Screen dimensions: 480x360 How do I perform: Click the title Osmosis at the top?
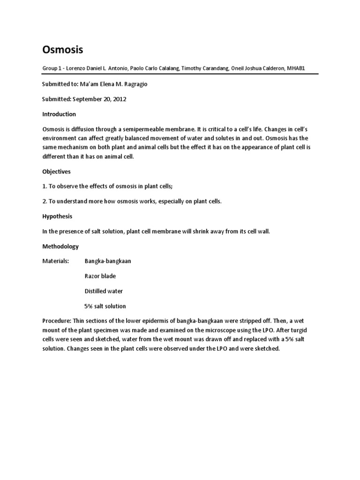(x=63, y=50)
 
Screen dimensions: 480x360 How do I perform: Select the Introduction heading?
(x=59, y=114)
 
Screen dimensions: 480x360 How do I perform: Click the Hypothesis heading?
(x=58, y=217)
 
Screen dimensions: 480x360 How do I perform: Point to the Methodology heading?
(x=60, y=246)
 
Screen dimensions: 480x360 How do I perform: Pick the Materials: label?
(x=56, y=261)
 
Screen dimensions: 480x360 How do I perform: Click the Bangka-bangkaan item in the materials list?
(x=108, y=261)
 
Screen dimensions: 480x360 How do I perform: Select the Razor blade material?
(x=100, y=276)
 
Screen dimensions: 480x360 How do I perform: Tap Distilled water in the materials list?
(x=104, y=291)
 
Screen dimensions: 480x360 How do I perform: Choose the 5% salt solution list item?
(x=105, y=306)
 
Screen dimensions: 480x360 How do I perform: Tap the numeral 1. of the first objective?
(x=45, y=187)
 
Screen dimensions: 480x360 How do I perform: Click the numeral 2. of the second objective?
(x=45, y=202)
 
